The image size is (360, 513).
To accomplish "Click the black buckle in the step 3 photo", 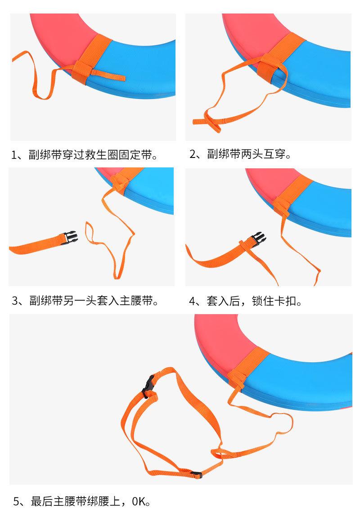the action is [70, 237].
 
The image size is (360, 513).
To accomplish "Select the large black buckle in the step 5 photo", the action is [149, 387].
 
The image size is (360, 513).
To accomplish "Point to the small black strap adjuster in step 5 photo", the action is [196, 474].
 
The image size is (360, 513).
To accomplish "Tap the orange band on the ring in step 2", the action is [279, 57].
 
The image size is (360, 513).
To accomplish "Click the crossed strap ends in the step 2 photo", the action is [208, 121].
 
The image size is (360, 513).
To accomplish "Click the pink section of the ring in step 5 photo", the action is [223, 337].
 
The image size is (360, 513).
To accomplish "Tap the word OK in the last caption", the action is [139, 501].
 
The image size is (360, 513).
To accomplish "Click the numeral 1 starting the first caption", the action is [14, 154].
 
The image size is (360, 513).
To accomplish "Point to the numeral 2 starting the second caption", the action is [193, 153].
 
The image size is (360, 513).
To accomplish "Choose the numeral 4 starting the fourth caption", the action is [192, 301].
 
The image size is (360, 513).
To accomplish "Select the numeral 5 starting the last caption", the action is [16, 501].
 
